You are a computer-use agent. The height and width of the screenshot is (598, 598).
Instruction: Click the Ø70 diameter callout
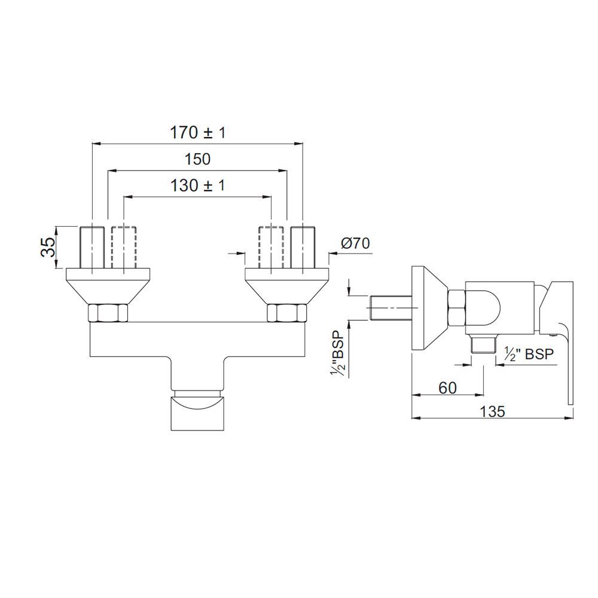(x=355, y=244)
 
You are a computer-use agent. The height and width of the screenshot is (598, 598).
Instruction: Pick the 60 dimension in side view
(x=447, y=388)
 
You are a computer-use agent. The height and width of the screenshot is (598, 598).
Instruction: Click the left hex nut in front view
(x=108, y=313)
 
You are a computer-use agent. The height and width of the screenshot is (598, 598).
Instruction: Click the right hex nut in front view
(x=286, y=313)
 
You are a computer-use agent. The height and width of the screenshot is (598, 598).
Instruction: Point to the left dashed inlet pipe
(x=123, y=247)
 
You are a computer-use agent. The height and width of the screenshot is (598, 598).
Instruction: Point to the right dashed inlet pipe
(x=271, y=247)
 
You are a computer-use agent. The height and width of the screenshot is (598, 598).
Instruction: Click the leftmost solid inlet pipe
(x=92, y=247)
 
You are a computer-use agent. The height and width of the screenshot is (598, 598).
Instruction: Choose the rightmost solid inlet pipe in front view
(x=303, y=247)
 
